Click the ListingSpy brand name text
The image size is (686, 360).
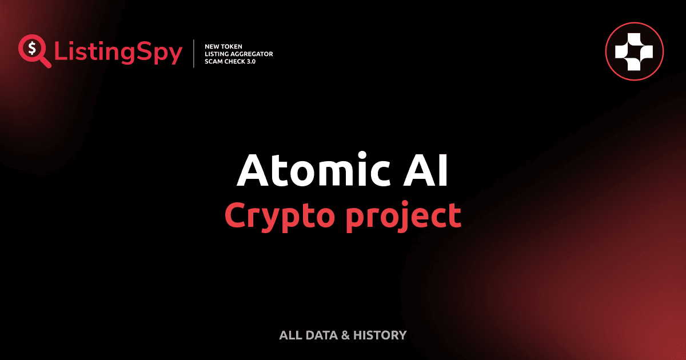(118, 53)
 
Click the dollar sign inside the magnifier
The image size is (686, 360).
(31, 47)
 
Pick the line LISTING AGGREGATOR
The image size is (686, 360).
(238, 54)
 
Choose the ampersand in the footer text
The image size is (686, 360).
(345, 335)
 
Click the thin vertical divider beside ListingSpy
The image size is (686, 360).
(194, 54)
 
